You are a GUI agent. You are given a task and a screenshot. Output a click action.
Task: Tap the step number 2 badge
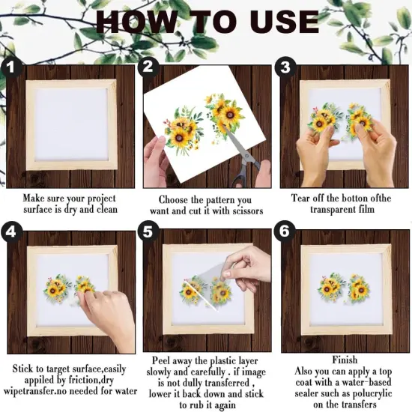coord(148,67)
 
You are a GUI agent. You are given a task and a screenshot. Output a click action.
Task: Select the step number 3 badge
coord(285,67)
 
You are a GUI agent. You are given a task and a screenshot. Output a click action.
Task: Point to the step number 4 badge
coord(10,232)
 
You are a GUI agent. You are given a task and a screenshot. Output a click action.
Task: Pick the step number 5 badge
coord(148,232)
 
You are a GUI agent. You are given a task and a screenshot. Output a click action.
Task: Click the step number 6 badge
coord(285,232)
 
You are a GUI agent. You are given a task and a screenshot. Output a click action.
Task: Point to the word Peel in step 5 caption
coord(163,360)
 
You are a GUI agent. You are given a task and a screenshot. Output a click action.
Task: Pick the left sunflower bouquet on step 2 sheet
coord(180,129)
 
